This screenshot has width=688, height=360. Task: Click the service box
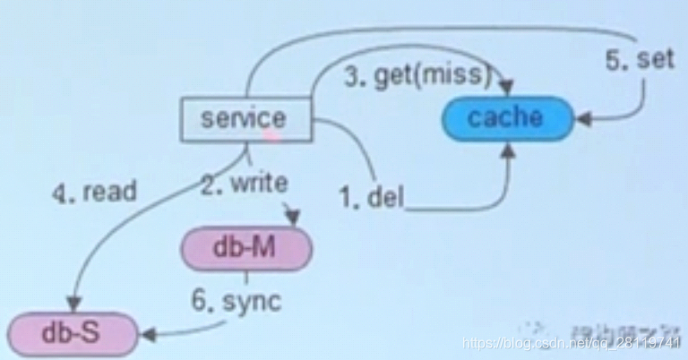(245, 119)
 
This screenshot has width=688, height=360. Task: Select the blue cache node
(506, 117)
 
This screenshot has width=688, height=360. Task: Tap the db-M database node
(245, 248)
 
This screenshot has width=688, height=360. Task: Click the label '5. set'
(639, 60)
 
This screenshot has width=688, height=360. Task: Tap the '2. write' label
(244, 184)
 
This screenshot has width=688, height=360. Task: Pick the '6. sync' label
(235, 301)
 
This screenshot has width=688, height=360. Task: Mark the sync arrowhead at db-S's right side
(148, 335)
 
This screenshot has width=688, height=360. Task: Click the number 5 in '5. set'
(613, 60)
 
